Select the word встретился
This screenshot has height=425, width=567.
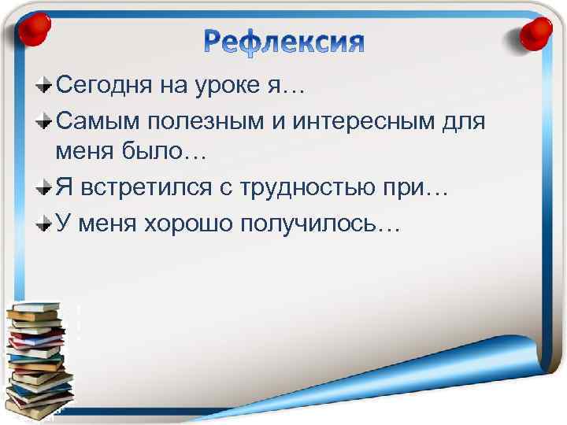(x=146, y=190)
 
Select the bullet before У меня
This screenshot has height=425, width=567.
(x=47, y=224)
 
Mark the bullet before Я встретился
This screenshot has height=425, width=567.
(x=47, y=190)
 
